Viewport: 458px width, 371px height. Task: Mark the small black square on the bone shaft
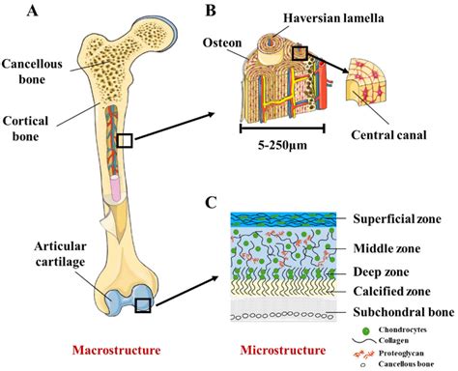tap(125, 141)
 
